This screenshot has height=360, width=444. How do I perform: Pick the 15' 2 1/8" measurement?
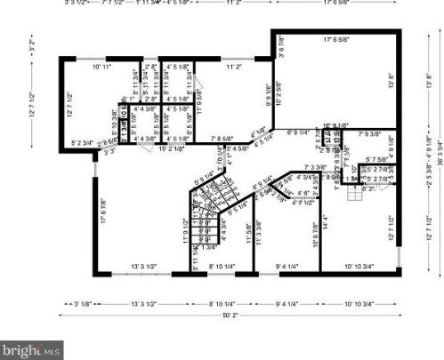coord(171,148)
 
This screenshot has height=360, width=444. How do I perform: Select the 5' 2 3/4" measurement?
coord(83,142)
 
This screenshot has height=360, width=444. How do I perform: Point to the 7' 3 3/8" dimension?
coord(316,166)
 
